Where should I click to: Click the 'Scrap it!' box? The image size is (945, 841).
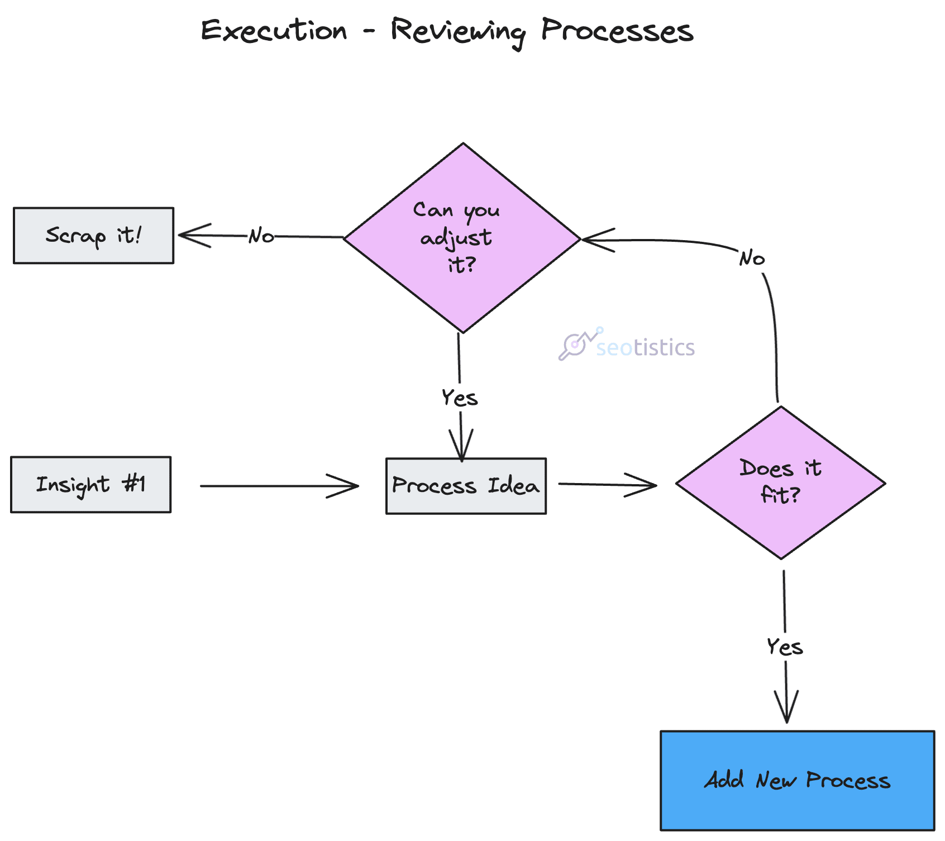93,235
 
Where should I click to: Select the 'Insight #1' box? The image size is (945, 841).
90,484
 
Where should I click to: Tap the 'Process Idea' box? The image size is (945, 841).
466,486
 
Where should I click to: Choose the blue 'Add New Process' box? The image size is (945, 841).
797,780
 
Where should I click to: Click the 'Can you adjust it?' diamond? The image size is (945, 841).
462,238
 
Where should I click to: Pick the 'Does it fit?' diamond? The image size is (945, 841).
780,482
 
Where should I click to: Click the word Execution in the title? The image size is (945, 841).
274,30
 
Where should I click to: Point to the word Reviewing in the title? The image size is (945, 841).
458,32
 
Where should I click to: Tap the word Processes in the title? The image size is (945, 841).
617,31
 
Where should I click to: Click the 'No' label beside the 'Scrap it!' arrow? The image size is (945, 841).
261,236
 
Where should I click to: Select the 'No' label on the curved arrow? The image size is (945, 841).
752,258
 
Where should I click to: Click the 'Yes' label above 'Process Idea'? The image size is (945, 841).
460,398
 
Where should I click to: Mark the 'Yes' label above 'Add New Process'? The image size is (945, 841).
785,647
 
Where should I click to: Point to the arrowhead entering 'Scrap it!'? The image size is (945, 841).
193,235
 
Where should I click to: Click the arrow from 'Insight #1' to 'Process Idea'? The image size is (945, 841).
279,486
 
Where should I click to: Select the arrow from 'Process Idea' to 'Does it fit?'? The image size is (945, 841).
608,485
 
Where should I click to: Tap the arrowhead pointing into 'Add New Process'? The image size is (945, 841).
786,707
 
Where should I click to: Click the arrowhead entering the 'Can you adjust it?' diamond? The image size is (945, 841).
598,240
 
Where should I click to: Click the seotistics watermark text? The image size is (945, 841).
646,347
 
